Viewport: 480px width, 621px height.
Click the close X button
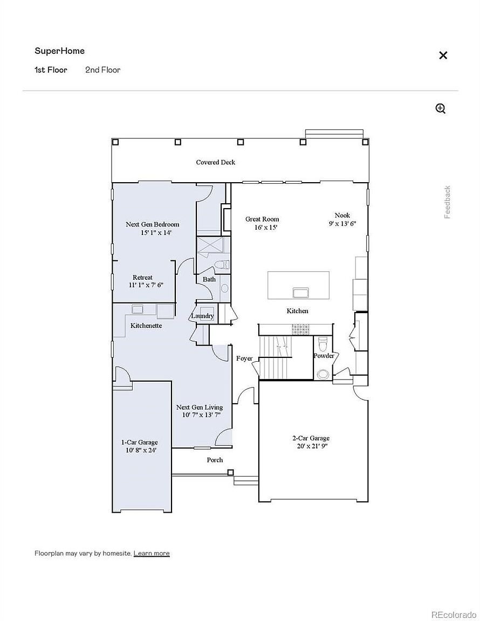443,55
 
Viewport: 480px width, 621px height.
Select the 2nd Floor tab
102,70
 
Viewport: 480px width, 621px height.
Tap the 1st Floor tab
51,70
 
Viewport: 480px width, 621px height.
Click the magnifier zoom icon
441,108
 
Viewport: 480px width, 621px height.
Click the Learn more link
152,553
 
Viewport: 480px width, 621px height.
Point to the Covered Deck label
215,162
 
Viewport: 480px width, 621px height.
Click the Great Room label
262,219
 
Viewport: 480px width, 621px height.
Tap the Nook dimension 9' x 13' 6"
342,223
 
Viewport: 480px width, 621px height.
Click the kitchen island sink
300,292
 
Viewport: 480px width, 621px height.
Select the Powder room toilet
321,343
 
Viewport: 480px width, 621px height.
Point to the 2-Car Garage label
311,438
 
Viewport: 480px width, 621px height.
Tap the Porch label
215,460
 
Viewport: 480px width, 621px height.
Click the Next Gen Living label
200,407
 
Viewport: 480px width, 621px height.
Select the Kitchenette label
146,326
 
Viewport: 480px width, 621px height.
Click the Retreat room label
142,277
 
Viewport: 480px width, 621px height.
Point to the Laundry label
202,316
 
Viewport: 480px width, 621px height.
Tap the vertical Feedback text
448,202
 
